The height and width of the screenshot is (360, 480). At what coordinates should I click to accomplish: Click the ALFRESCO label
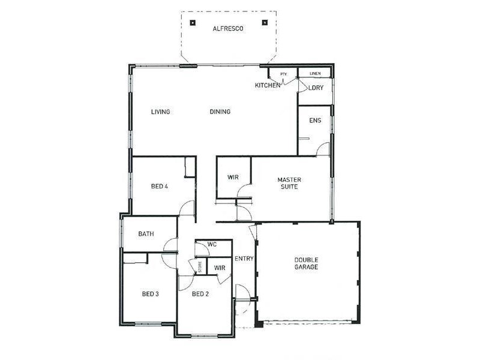pos(228,28)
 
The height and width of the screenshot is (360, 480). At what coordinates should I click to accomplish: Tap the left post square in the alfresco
pos(192,23)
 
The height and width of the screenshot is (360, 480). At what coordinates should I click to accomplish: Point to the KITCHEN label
pos(267,86)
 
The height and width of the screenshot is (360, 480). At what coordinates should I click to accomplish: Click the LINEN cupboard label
pos(315,74)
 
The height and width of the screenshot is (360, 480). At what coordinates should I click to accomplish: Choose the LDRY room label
pos(316,88)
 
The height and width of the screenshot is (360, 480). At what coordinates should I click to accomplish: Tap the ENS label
pos(315,121)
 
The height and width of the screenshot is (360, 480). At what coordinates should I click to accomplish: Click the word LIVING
pos(160,112)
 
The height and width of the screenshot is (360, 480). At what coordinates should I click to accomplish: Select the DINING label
pos(220,112)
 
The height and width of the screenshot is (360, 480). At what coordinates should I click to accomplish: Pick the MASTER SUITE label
pos(289,183)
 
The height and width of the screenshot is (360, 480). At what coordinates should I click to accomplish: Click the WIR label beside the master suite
pos(233,178)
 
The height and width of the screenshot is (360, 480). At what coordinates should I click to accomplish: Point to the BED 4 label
pos(158,186)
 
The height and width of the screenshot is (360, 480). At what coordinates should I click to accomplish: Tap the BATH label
pos(146,234)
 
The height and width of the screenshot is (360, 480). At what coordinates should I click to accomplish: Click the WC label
pos(212,245)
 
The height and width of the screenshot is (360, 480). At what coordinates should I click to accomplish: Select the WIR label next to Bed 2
pos(220,268)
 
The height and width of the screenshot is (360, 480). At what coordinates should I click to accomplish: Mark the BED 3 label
pos(150,294)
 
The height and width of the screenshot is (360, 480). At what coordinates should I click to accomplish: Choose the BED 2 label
pos(200,294)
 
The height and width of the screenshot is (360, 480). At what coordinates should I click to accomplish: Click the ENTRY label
pos(244,259)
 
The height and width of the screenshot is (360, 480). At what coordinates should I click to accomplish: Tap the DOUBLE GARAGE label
pos(306,263)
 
